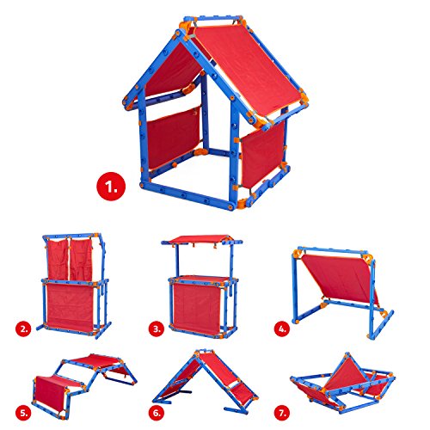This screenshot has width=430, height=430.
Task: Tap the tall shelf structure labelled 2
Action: point(76,284)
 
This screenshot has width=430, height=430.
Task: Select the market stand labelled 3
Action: point(202,284)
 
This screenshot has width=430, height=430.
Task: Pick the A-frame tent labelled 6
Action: point(211,378)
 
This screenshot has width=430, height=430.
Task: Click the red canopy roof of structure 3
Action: point(202,238)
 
